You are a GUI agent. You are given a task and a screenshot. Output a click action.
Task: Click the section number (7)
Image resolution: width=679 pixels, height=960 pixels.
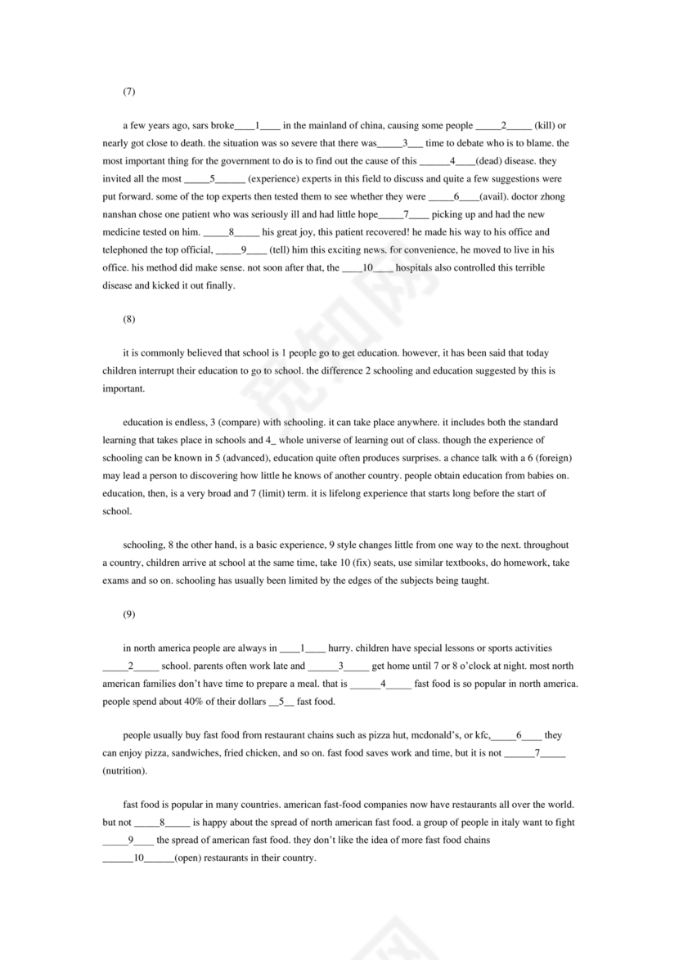128,91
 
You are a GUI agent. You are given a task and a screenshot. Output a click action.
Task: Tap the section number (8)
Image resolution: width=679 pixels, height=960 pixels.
128,319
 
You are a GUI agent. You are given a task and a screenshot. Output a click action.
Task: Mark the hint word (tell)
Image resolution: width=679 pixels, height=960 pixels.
281,250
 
